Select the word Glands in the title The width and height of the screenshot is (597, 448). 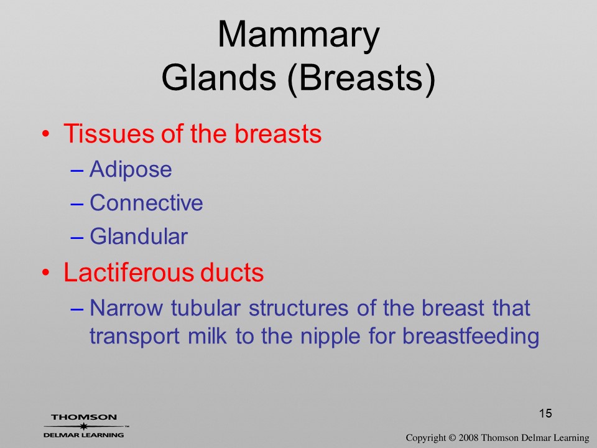tap(218, 77)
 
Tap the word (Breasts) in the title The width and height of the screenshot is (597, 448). tap(361, 78)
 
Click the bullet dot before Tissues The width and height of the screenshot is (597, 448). tap(45, 134)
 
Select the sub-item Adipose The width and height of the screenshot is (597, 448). tap(131, 169)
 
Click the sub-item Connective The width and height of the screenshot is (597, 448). tap(146, 202)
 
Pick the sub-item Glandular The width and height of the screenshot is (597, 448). tap(139, 236)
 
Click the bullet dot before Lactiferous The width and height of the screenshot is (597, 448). tap(45, 273)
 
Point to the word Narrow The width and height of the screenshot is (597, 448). tap(126, 308)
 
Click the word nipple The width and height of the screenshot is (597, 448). tap(330, 337)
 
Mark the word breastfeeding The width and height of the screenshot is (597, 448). tap(471, 337)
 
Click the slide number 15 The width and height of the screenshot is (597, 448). tap(545, 413)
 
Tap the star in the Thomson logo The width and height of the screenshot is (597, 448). tap(83, 426)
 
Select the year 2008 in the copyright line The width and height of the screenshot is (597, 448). tap(468, 437)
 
